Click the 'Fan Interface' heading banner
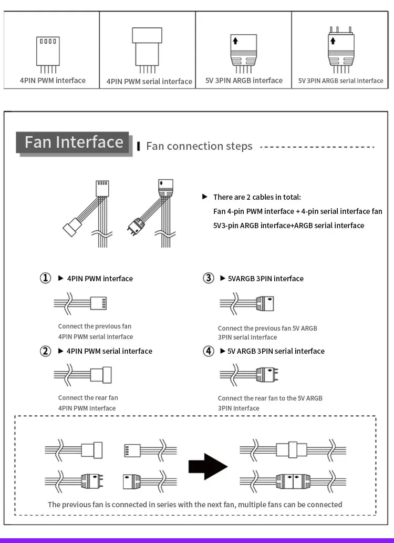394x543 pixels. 74,142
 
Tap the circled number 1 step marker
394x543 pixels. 46,278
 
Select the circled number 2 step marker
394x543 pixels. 46,351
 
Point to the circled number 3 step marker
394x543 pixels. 209,278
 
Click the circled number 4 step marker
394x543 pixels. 209,351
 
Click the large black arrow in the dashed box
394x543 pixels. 208,466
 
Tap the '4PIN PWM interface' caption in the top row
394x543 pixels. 53,80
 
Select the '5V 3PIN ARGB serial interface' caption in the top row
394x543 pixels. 340,81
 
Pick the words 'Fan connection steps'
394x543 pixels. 199,146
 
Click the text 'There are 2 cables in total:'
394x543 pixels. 257,197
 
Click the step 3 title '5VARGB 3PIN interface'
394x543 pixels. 265,279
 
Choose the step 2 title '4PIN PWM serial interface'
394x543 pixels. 109,351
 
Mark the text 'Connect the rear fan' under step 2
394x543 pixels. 88,398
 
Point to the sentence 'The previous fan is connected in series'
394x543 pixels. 194,505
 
